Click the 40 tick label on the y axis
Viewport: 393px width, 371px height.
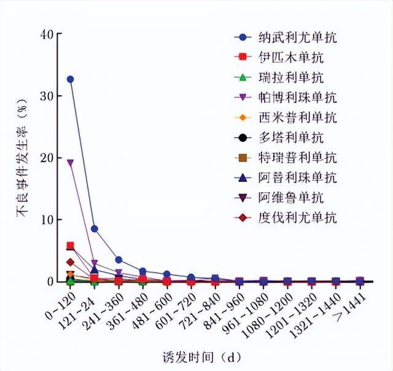[45, 34]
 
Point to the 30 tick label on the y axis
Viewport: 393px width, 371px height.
[45, 96]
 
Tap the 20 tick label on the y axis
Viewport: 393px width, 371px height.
[45, 158]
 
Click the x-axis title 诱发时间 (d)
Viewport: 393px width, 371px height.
[206, 356]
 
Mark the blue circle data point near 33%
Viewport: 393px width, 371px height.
[70, 79]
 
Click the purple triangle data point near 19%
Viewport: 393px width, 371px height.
[70, 163]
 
